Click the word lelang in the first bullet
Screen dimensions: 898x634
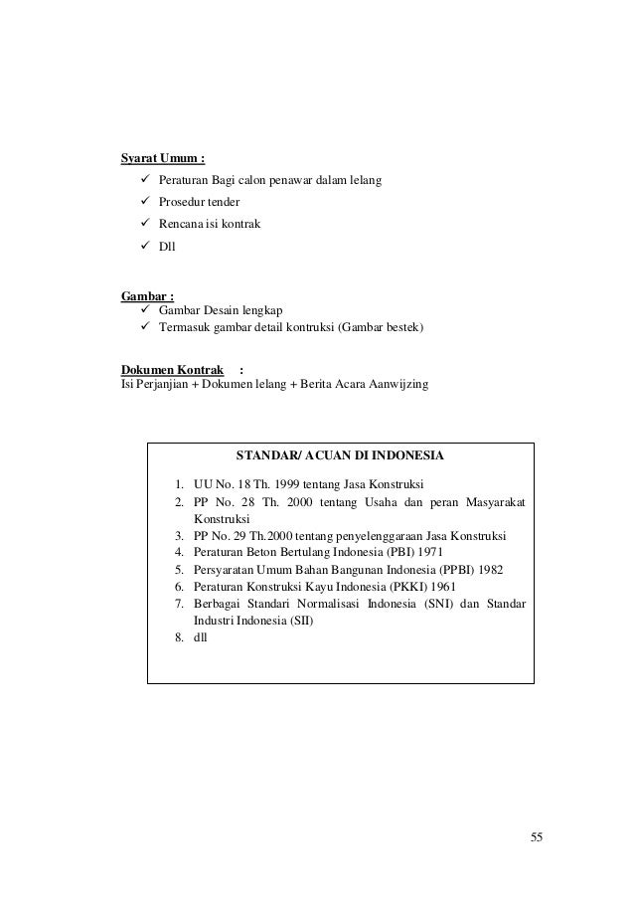click(x=364, y=180)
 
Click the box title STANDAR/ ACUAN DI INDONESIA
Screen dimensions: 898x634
click(x=340, y=456)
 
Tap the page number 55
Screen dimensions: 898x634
click(x=537, y=835)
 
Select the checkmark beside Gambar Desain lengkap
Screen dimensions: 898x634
click(x=131, y=310)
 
